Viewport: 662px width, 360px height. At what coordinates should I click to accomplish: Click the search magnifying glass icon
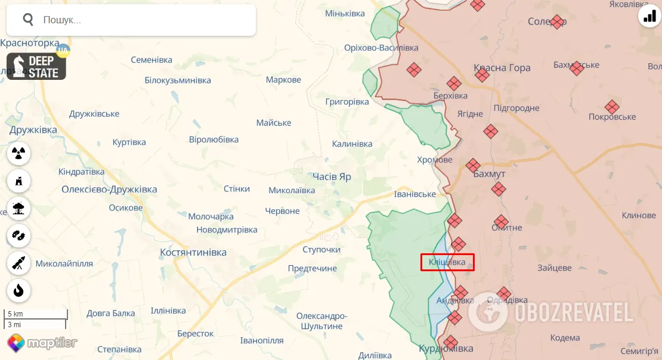tap(28, 20)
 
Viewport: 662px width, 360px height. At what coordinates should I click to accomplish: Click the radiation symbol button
tap(19, 154)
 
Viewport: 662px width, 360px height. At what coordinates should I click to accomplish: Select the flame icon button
tap(19, 290)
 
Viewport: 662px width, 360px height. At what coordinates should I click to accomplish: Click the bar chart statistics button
tap(648, 17)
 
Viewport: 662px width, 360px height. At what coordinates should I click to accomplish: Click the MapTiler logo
tap(42, 343)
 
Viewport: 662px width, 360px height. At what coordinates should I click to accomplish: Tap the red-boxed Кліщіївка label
tap(447, 262)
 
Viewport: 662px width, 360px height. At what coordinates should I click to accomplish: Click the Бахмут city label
tap(489, 174)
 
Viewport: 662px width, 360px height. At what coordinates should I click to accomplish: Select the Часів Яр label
tap(332, 177)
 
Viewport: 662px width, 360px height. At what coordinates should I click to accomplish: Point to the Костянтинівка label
tap(193, 253)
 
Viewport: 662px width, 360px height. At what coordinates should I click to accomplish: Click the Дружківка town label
tap(33, 130)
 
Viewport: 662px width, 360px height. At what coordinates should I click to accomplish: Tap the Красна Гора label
tap(502, 68)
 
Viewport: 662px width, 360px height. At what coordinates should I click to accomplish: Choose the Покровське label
tap(612, 117)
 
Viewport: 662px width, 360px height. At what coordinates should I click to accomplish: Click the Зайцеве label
tap(555, 268)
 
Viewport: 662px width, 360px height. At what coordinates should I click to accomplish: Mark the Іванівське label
tap(415, 194)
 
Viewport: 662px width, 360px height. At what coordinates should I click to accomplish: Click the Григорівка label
tap(347, 102)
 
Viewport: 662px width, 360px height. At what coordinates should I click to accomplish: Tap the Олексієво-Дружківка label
tap(109, 190)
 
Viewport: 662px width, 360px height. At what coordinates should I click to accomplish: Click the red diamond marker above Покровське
tap(612, 107)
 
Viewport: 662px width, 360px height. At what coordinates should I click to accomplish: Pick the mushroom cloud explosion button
tap(19, 208)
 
